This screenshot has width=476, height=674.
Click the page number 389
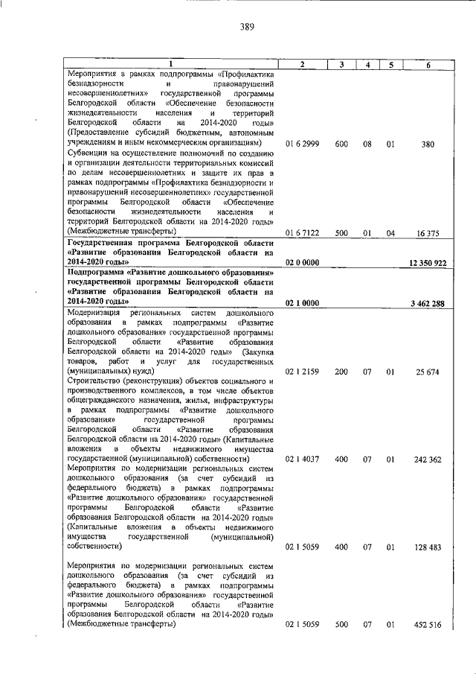tap(248, 28)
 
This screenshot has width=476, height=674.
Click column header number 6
tap(428, 65)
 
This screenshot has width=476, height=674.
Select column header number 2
tap(303, 65)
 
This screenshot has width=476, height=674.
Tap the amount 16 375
tap(428, 233)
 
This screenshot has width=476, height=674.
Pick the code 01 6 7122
tap(303, 233)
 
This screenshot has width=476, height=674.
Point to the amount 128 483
tap(428, 547)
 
